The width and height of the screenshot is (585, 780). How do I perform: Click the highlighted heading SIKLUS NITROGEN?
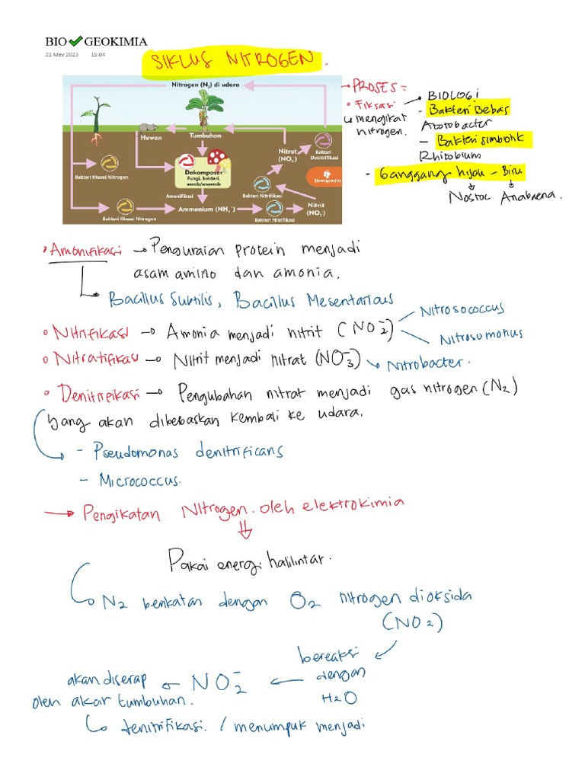pos(231,60)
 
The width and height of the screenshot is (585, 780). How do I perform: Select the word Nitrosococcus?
pos(462,310)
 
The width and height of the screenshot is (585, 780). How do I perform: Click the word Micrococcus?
pos(139,481)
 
